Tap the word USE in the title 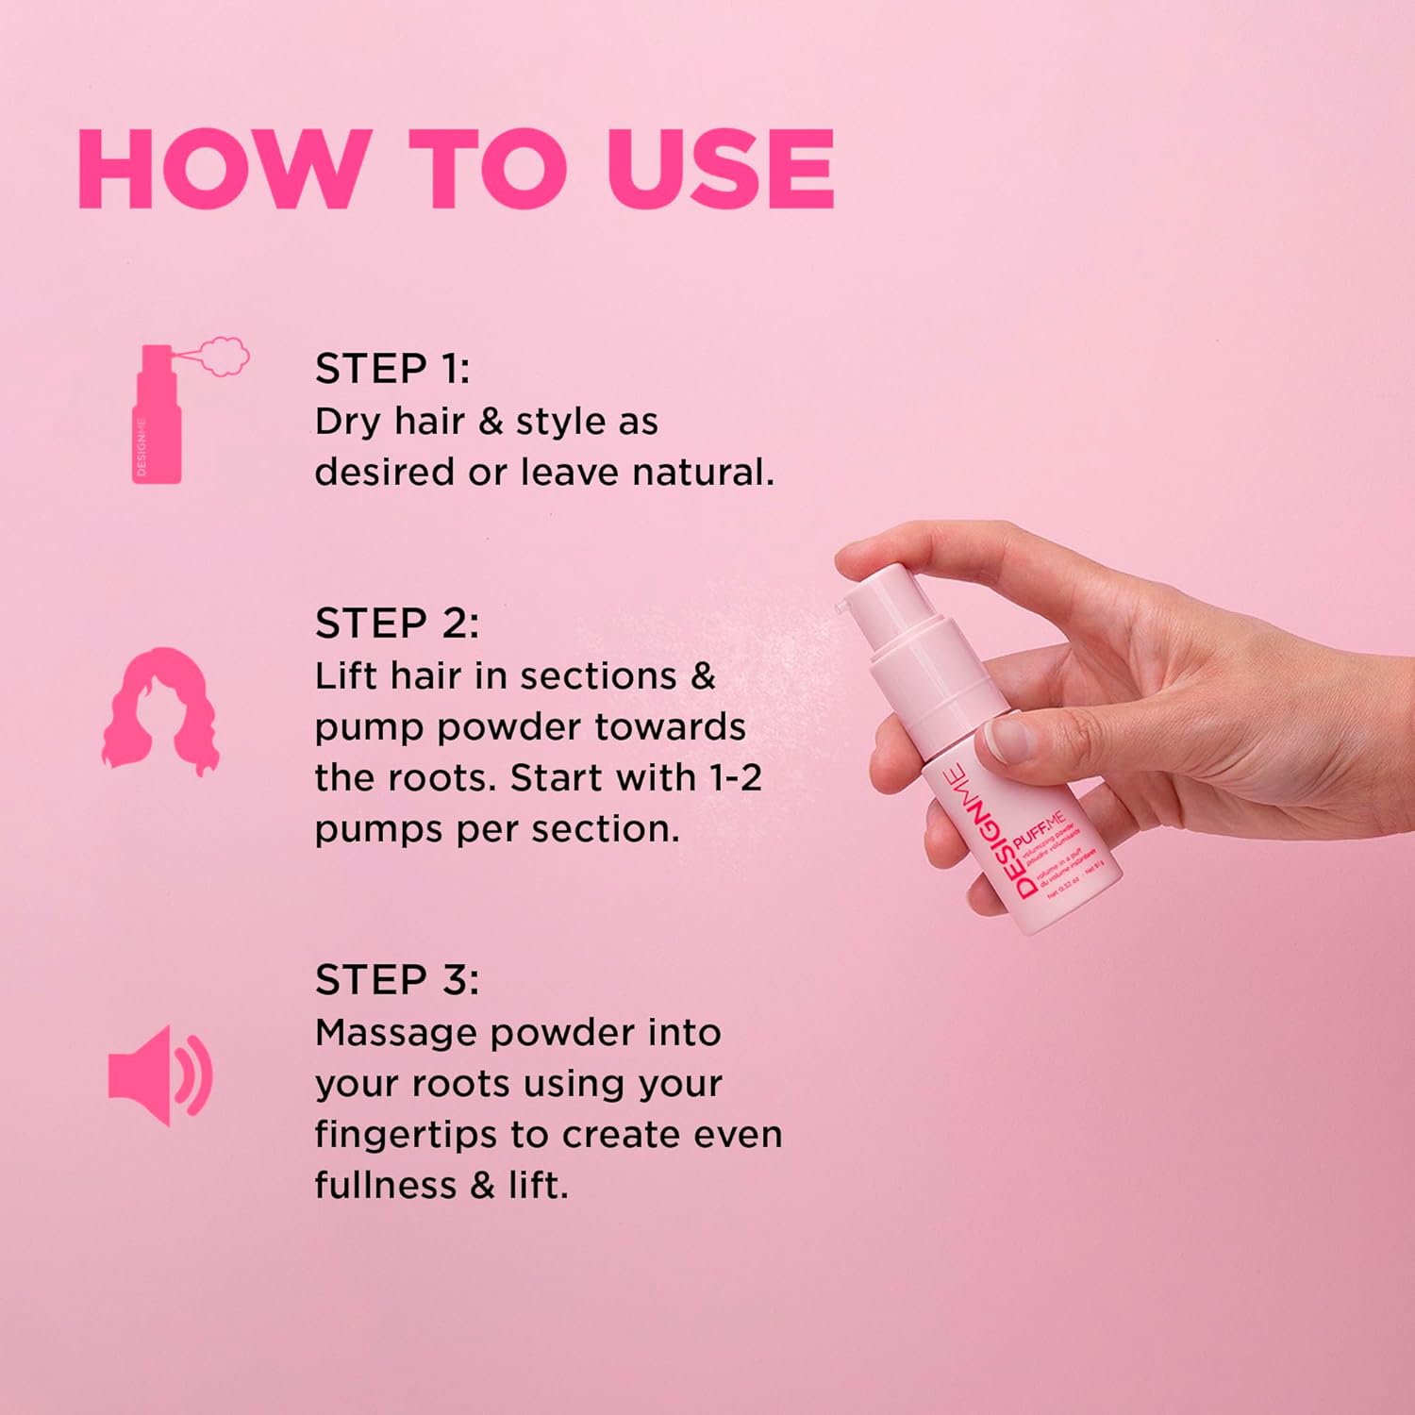click(x=722, y=169)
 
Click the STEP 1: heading click(x=391, y=369)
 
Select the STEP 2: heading click(x=397, y=624)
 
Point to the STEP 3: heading click(x=397, y=980)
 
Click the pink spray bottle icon click(x=158, y=420)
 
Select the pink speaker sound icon click(x=159, y=1074)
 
